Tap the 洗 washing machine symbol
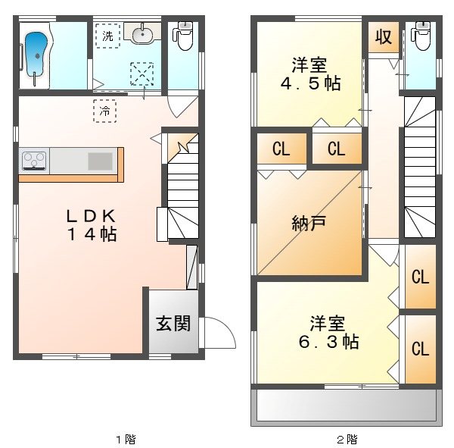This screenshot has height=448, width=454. (x=107, y=35)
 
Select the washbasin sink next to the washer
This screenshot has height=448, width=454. (x=142, y=34)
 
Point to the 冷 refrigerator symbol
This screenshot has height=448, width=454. (x=105, y=111)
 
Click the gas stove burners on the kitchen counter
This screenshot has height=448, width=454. (x=34, y=160)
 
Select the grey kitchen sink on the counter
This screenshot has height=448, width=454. (x=99, y=161)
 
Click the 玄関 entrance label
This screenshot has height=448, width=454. (x=173, y=324)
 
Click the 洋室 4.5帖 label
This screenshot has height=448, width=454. (x=306, y=74)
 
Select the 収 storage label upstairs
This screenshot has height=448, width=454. (x=384, y=36)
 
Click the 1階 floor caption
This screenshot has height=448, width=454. (x=126, y=438)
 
